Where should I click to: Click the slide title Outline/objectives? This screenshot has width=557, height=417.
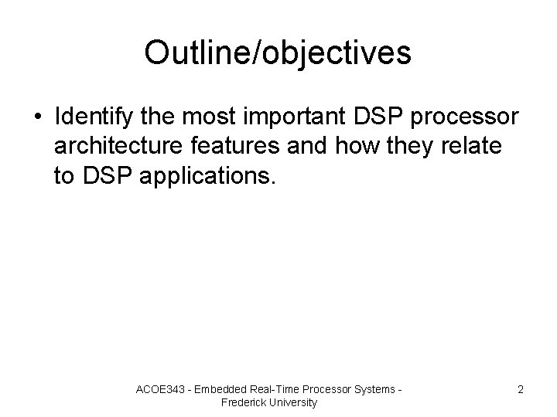[278, 53]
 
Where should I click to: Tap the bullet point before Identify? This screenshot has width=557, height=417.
[38, 117]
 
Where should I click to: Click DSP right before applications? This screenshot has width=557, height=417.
[101, 177]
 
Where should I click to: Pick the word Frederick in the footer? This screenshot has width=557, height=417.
[244, 402]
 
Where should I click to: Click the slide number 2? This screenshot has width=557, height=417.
[521, 389]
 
